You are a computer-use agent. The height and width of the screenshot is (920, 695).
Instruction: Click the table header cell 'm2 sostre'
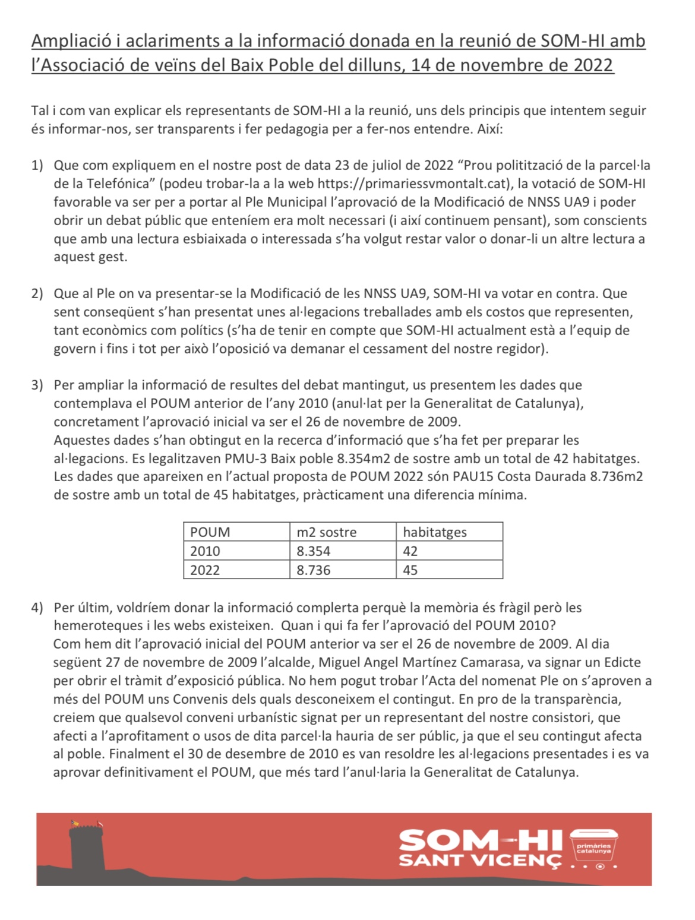[x=326, y=532]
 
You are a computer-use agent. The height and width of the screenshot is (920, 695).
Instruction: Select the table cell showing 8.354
[x=314, y=551]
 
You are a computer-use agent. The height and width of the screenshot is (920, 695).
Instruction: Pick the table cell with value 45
[x=410, y=570]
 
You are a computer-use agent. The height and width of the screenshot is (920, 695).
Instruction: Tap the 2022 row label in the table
[x=205, y=570]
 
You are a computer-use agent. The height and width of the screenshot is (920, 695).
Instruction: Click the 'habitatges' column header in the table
[x=435, y=532]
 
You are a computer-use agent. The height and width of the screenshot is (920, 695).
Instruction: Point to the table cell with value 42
[x=410, y=551]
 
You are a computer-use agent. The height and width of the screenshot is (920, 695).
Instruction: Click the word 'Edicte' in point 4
[x=623, y=662]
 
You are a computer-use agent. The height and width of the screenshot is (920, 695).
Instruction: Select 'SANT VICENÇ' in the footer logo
[x=480, y=860]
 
